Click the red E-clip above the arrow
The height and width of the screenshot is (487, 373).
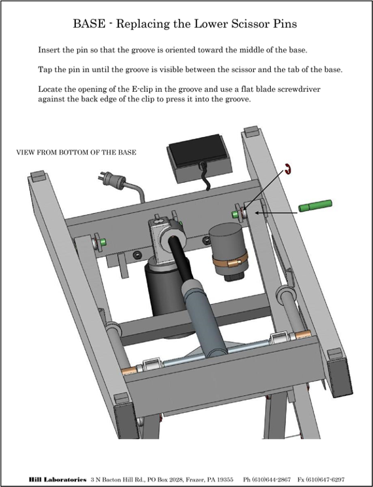pyautogui.click(x=289, y=169)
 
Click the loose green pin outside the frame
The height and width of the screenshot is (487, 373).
pyautogui.click(x=315, y=206)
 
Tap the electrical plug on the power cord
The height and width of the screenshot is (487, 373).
pyautogui.click(x=113, y=180)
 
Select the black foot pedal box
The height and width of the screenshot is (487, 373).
pyautogui.click(x=200, y=159)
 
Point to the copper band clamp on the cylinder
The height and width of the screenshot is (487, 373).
pyautogui.click(x=230, y=260)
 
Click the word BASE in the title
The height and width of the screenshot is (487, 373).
pyautogui.click(x=89, y=24)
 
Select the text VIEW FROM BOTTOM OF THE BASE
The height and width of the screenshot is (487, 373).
pyautogui.click(x=77, y=152)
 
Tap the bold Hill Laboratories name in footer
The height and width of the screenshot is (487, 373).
pyautogui.click(x=58, y=480)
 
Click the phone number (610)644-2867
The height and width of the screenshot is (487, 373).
pyautogui.click(x=271, y=480)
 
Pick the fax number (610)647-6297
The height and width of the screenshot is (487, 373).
pyautogui.click(x=325, y=480)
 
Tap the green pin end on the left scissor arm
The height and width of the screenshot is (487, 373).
pyautogui.click(x=102, y=242)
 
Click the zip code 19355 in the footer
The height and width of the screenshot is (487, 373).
pyautogui.click(x=225, y=480)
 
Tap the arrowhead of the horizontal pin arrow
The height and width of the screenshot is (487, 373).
pyautogui.click(x=257, y=213)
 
